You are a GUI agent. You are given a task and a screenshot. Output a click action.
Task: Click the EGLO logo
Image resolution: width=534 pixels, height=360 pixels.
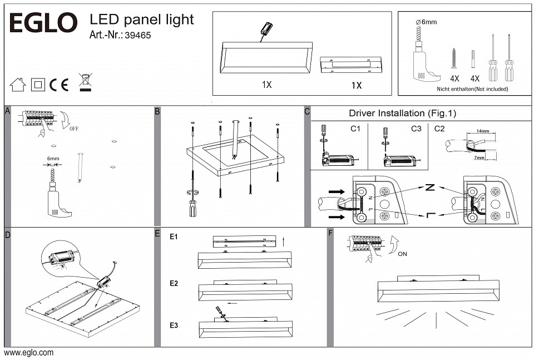pyautogui.click(x=43, y=22)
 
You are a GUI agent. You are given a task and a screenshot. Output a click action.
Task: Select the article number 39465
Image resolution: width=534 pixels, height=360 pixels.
pyautogui.click(x=138, y=36)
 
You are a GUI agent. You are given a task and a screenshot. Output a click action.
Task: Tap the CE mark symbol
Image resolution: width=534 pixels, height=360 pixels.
pyautogui.click(x=59, y=85)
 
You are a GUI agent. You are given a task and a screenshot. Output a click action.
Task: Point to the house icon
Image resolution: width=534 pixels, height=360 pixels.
pyautogui.click(x=18, y=85)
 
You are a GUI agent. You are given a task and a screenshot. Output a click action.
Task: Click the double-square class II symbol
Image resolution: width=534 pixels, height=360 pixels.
pyautogui.click(x=38, y=85)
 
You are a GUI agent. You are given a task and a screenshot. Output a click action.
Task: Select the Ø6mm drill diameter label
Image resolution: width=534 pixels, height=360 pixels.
pyautogui.click(x=426, y=22)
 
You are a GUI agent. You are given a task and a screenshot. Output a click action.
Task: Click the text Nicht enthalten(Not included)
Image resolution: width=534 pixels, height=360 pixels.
pyautogui.click(x=472, y=89)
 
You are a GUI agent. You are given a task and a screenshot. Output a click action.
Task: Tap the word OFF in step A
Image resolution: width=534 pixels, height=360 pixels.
pyautogui.click(x=74, y=129)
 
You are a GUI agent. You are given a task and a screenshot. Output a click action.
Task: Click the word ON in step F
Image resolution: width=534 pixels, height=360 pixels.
pyautogui.click(x=402, y=254)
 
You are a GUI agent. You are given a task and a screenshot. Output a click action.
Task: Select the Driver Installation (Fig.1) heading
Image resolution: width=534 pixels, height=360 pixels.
pyautogui.click(x=402, y=114)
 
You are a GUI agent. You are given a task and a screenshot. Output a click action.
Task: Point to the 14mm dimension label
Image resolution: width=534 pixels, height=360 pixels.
pyautogui.click(x=483, y=131)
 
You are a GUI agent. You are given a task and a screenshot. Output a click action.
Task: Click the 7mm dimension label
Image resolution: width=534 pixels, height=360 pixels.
pyautogui.click(x=479, y=157)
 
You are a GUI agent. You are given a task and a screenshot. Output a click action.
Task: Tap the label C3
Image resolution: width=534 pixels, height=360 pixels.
pyautogui.click(x=416, y=129)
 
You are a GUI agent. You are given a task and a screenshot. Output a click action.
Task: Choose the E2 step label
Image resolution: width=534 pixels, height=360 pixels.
pyautogui.click(x=174, y=283)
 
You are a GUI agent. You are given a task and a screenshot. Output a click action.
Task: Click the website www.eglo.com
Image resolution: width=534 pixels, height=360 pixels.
pyautogui.click(x=28, y=353)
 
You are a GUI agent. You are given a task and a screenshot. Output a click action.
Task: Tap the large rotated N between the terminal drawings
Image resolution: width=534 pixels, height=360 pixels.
pyautogui.click(x=430, y=188)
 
